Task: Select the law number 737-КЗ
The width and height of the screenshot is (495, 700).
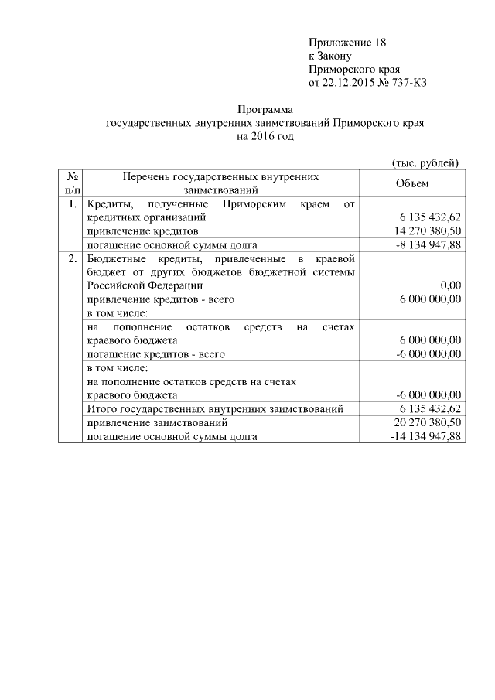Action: point(408,81)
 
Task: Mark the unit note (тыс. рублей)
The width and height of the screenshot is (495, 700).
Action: point(424,162)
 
